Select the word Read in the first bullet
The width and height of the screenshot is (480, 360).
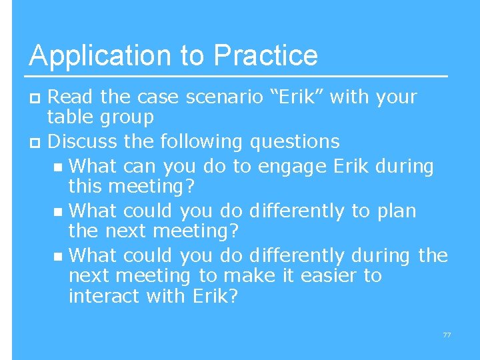[71, 97]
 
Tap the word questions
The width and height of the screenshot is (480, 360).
[295, 141]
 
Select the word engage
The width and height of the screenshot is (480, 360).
[291, 166]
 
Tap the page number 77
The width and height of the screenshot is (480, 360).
[447, 335]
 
